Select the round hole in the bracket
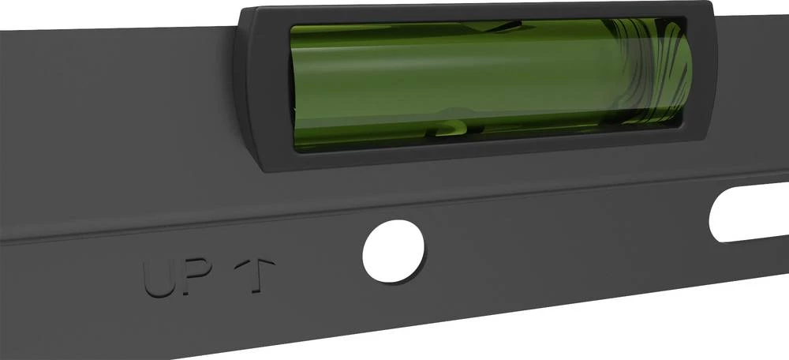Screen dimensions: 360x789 tap(393, 251)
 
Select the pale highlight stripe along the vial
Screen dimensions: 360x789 tap(473, 79)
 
